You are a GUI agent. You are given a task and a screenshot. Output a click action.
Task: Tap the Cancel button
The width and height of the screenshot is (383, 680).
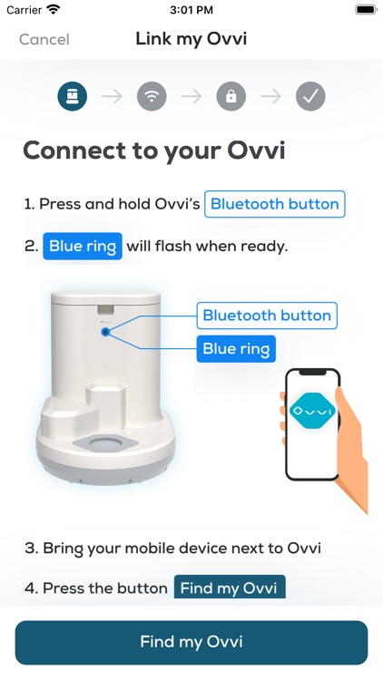(x=44, y=39)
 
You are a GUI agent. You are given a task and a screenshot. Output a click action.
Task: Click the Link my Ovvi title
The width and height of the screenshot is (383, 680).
(x=191, y=38)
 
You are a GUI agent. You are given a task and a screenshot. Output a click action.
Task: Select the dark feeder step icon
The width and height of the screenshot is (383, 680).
(x=72, y=96)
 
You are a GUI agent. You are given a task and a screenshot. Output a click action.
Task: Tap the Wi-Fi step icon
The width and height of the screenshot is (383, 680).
(x=152, y=96)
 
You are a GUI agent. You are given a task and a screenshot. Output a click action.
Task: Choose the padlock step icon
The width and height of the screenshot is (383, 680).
(x=231, y=96)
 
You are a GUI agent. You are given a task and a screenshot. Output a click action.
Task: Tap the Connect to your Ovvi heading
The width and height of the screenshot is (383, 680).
(x=153, y=150)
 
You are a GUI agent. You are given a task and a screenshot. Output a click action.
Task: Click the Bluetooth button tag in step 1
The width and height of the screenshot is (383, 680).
(x=274, y=204)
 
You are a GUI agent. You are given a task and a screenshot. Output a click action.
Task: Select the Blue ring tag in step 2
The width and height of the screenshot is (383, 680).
(x=83, y=246)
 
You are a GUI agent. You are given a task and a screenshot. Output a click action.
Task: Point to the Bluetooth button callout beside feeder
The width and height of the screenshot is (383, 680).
(x=267, y=316)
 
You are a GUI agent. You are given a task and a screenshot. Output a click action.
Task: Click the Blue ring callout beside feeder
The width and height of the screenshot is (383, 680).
(x=235, y=348)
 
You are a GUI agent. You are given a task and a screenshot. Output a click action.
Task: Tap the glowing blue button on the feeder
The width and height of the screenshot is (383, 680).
(x=105, y=333)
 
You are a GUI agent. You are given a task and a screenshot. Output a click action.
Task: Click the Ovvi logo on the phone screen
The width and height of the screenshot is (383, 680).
(x=312, y=411)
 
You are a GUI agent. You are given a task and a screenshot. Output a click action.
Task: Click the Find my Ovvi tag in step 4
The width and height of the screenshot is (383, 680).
(x=230, y=588)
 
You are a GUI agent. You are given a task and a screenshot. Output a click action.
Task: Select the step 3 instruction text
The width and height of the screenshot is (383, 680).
(x=172, y=548)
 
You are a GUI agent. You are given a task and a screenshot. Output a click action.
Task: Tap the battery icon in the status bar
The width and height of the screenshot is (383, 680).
(x=366, y=10)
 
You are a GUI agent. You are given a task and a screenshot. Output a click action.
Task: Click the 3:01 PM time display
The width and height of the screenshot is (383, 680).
(x=191, y=10)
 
